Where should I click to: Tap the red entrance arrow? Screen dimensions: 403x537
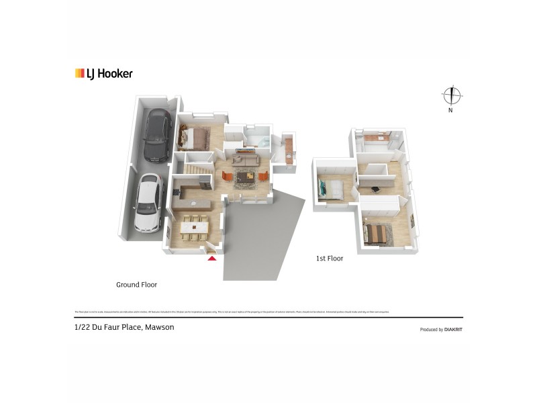(213, 257)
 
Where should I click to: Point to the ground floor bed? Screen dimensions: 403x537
(191, 138)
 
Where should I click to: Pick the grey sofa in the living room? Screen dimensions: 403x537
(246, 160)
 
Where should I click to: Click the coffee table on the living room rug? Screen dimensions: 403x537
(242, 177)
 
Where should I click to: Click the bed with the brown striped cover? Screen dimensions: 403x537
(377, 233)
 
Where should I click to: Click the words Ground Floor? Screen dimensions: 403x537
(136, 285)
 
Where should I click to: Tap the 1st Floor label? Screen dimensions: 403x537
(330, 258)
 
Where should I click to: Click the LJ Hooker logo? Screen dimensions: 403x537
(104, 74)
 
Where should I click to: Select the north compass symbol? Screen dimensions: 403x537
(451, 96)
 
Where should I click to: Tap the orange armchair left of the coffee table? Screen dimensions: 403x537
(227, 175)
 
